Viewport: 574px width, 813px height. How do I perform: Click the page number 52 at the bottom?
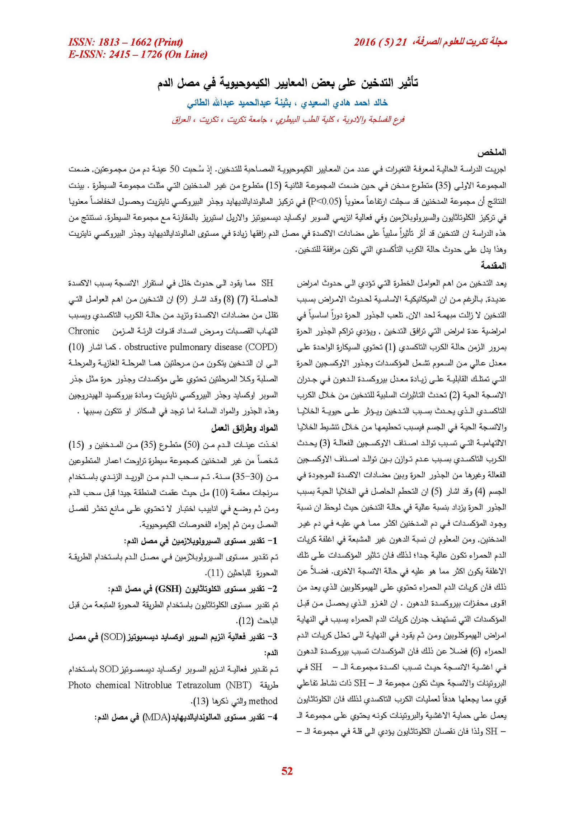pyautogui.click(x=287, y=771)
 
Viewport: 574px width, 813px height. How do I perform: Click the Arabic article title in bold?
pyautogui.click(x=288, y=83)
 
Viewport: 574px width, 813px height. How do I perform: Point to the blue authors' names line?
pyautogui.click(x=287, y=103)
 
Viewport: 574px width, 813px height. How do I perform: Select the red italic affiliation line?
pyautogui.click(x=288, y=120)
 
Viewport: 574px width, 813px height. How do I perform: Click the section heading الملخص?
pyautogui.click(x=491, y=152)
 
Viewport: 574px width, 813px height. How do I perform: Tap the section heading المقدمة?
pyautogui.click(x=493, y=266)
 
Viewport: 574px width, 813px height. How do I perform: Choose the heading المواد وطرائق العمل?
pyautogui.click(x=244, y=428)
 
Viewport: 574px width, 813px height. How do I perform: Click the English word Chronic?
pyautogui.click(x=84, y=331)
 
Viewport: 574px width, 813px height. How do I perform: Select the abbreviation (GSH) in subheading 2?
pyautogui.click(x=168, y=589)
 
